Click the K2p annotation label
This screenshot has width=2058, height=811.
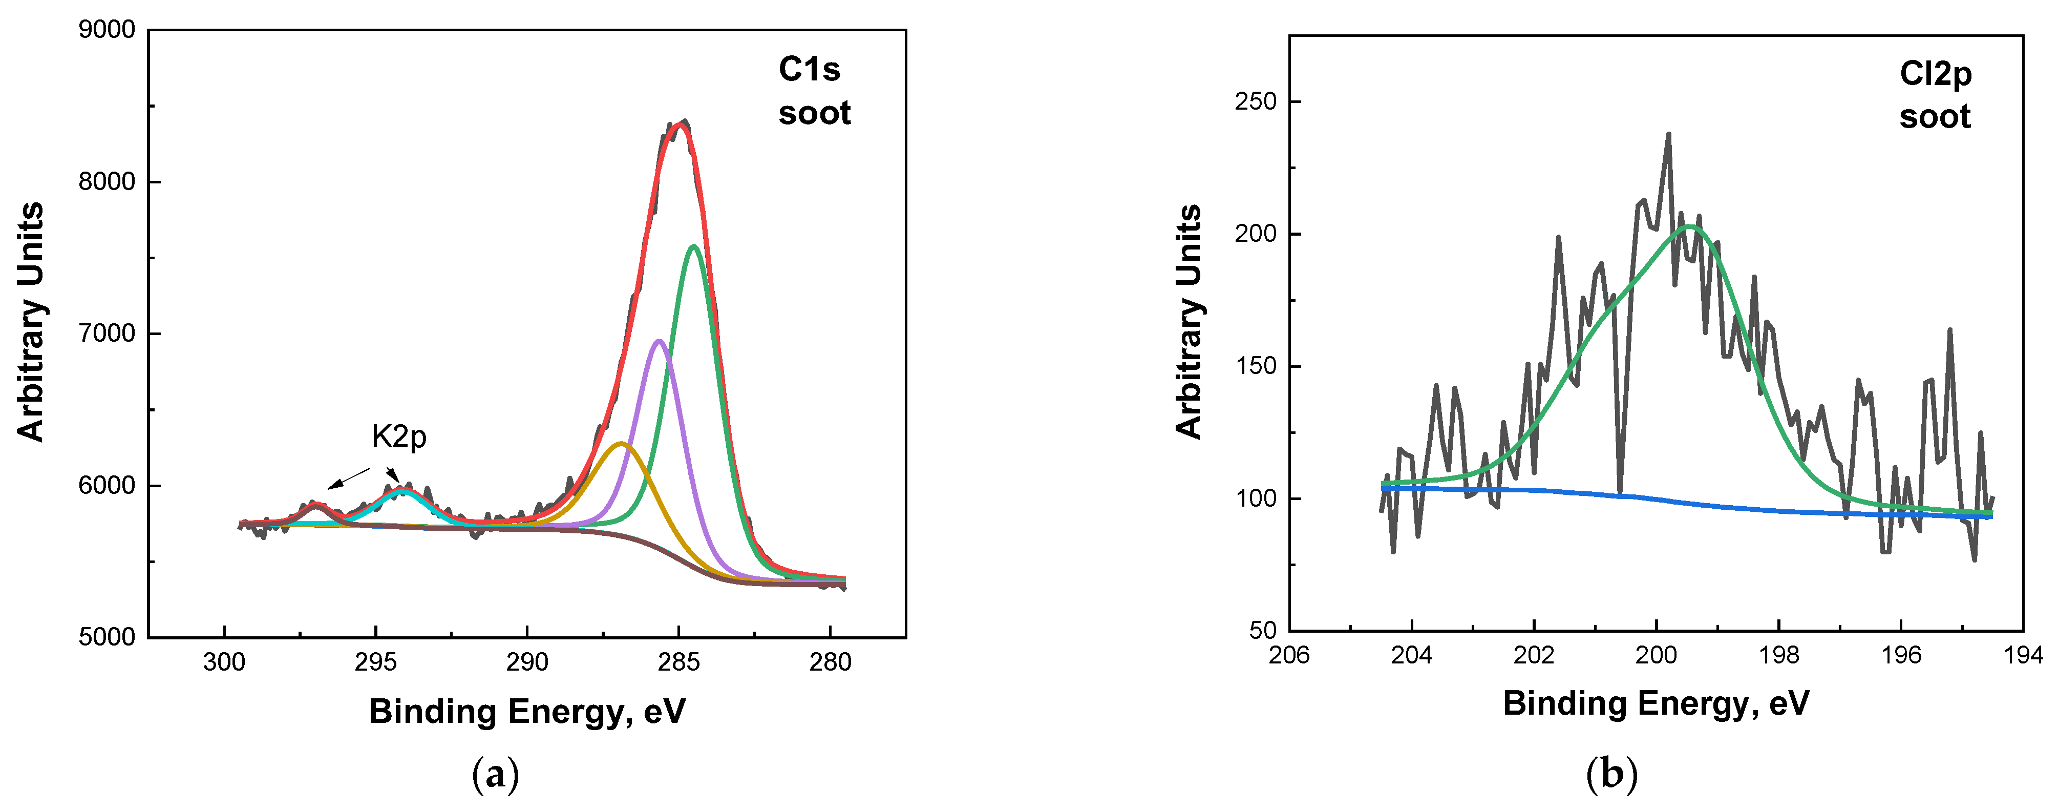399,437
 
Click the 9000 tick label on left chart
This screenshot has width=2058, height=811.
107,30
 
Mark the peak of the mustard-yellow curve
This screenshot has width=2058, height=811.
621,443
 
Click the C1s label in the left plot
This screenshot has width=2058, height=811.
809,70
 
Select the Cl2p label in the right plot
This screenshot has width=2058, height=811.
1935,74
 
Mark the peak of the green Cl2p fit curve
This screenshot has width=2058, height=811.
1690,227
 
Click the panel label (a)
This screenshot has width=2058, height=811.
495,774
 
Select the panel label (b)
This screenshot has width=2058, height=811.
1610,774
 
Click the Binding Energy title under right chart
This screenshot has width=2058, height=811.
1656,703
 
